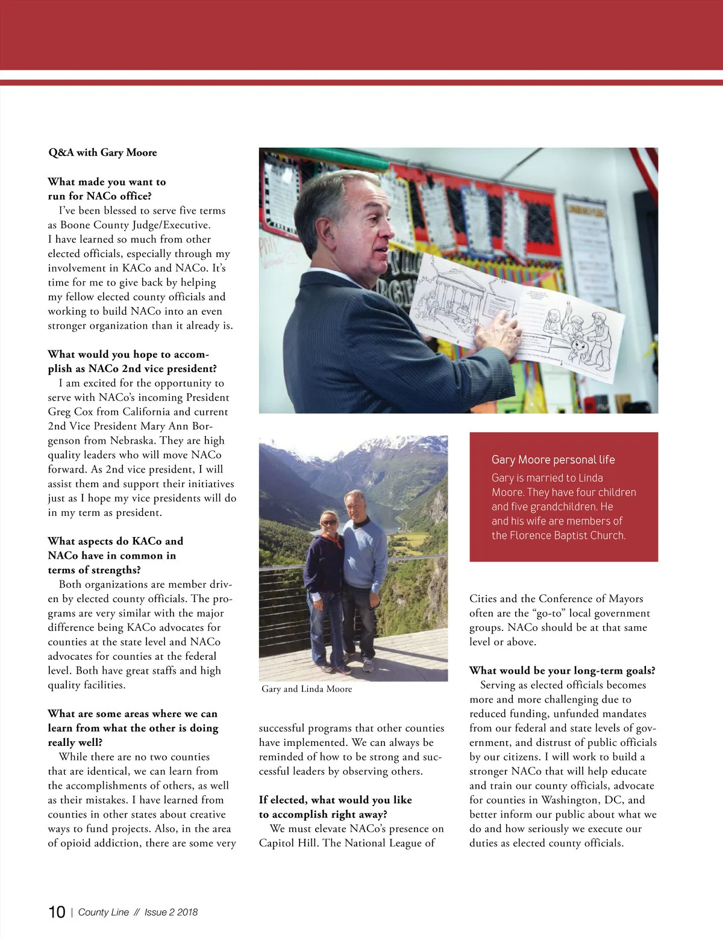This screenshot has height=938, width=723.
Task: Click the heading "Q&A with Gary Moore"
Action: [x=102, y=153]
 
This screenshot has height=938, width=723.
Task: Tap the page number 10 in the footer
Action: [x=57, y=912]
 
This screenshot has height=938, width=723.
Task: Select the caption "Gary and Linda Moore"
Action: [x=307, y=689]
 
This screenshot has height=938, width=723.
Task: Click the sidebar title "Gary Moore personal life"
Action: [x=553, y=460]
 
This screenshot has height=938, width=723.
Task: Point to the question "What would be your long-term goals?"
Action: [x=562, y=671]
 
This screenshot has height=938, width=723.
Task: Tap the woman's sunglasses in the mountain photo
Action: [x=330, y=522]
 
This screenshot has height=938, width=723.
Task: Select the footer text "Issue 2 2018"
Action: [x=171, y=912]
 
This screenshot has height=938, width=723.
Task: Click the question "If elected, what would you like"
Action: [x=336, y=800]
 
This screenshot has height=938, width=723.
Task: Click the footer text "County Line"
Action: [x=104, y=912]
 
